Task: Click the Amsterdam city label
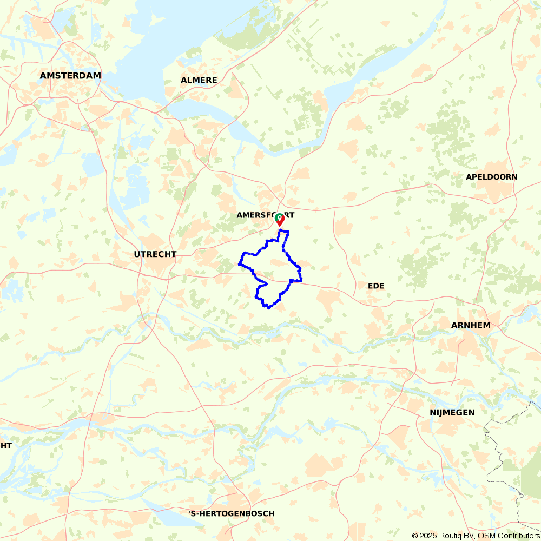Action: click(70, 76)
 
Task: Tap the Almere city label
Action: click(199, 80)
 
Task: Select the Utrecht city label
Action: click(156, 254)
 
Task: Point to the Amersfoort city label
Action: click(265, 215)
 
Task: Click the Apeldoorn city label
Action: click(492, 177)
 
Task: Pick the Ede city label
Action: click(376, 286)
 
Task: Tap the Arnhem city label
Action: click(471, 325)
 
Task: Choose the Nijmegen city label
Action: click(452, 412)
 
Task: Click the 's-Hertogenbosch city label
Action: click(232, 513)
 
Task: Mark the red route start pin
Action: click(280, 219)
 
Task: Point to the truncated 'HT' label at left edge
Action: click(6, 445)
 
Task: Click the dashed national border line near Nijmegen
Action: click(490, 433)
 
